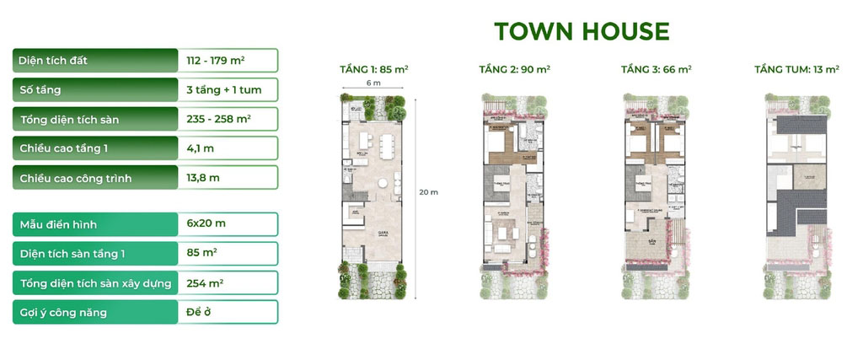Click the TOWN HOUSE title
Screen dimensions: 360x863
click(582, 32)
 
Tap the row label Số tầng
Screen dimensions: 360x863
click(40, 89)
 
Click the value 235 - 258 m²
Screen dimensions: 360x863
click(217, 119)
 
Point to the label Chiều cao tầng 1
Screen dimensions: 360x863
click(64, 148)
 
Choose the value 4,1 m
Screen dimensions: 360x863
click(200, 148)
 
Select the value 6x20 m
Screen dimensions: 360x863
click(206, 224)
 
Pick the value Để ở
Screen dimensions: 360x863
click(198, 312)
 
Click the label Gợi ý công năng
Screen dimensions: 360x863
click(63, 312)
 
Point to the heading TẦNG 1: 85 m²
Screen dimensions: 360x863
click(373, 70)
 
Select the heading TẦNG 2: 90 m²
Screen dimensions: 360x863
click(514, 70)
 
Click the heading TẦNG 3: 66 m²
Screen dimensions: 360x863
click(656, 70)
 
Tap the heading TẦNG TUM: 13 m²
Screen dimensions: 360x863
click(796, 70)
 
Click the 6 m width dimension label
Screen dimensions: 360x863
click(373, 84)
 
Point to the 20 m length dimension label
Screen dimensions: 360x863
click(428, 192)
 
